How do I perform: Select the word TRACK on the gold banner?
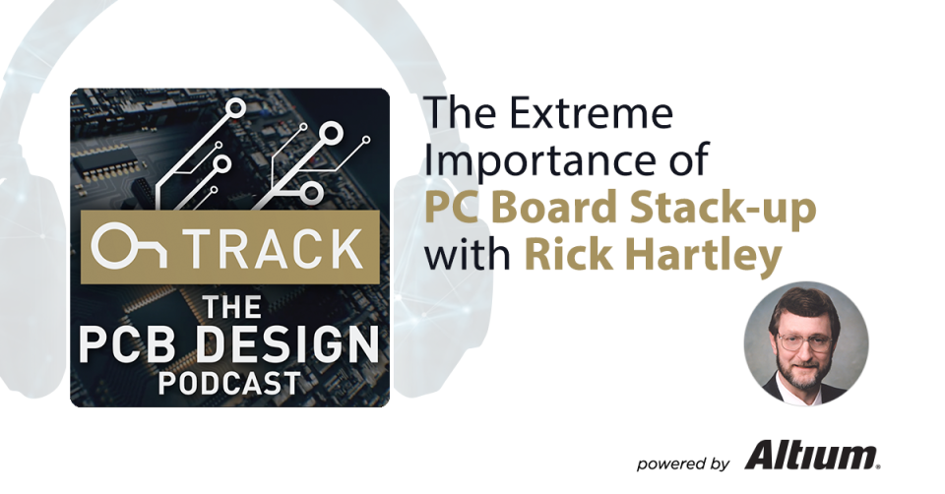pos(267,249)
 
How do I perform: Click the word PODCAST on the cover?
pos(229,382)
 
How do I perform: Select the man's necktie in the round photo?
pos(805,396)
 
